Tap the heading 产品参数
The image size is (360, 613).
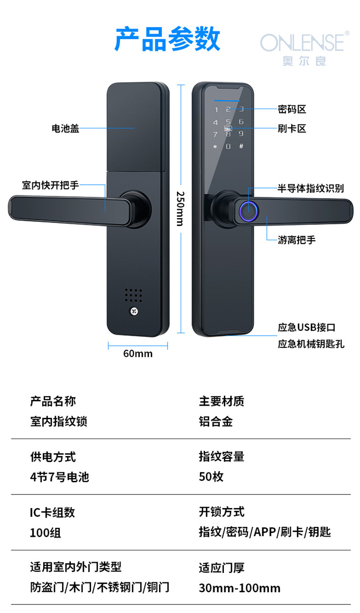tap(167, 40)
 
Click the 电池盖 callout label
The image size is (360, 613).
tap(65, 128)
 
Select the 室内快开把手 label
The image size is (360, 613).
tap(50, 185)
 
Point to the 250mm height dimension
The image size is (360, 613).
tap(180, 208)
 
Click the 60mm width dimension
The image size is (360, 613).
tap(138, 354)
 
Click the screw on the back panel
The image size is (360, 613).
tap(133, 311)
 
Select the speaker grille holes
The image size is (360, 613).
tap(133, 296)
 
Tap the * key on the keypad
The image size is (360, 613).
tap(215, 146)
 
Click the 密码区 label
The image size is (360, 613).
tap(292, 109)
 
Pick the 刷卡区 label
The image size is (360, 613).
tap(292, 128)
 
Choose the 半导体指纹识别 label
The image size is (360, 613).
tap(311, 188)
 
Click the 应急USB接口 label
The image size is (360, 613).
tap(307, 328)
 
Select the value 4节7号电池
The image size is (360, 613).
tap(59, 477)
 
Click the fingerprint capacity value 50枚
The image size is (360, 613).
tap(211, 477)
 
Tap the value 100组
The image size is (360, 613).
tap(45, 533)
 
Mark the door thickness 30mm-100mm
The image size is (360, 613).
tap(240, 588)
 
